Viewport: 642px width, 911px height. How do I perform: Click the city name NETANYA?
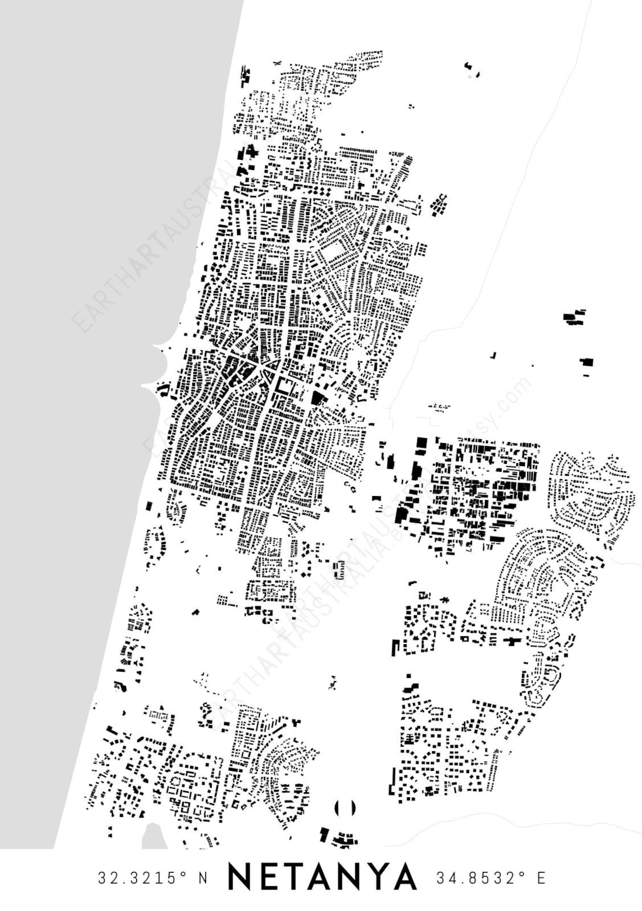coord(323,877)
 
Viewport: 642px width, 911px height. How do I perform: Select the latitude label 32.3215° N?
coord(153,878)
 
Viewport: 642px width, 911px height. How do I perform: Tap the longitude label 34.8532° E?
coord(491,878)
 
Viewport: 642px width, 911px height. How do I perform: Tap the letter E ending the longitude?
coord(541,878)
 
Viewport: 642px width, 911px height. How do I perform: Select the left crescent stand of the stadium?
coord(337,808)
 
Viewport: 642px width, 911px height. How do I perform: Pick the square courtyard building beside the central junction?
coord(286,387)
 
